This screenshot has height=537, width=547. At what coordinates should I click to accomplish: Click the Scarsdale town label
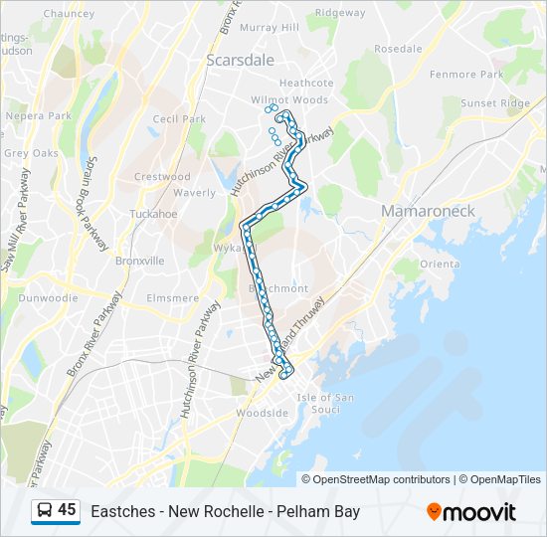click(x=240, y=60)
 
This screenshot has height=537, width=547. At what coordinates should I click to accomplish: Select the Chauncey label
click(x=68, y=14)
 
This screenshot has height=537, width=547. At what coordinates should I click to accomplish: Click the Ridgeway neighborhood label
click(x=339, y=13)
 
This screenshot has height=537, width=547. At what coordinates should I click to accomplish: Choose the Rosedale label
click(x=398, y=48)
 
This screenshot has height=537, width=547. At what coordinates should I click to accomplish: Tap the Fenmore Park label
click(x=465, y=75)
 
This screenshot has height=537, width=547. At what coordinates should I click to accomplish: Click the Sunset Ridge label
click(x=494, y=102)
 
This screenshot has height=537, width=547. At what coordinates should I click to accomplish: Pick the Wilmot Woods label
click(x=288, y=100)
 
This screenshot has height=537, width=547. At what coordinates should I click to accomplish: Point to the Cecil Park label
click(x=179, y=119)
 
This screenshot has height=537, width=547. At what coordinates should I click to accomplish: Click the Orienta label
click(x=439, y=264)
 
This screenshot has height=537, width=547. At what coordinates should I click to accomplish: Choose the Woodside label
click(x=262, y=413)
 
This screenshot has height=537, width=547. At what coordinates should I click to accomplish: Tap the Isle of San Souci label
click(x=325, y=404)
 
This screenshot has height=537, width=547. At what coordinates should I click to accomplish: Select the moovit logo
click(x=471, y=512)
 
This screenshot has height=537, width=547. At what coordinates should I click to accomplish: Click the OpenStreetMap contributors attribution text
click(x=382, y=479)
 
